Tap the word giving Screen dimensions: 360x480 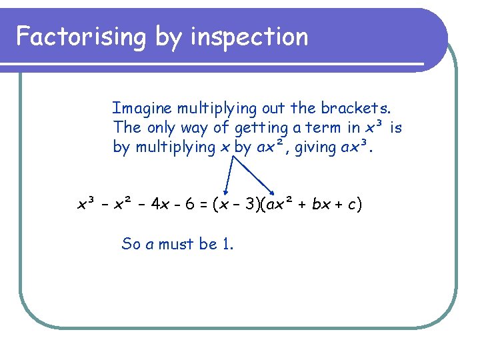314,147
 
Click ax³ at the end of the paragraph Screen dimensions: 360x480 357,147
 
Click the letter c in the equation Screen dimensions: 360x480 351,204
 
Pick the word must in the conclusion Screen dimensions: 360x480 175,244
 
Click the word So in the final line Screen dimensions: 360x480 130,244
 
